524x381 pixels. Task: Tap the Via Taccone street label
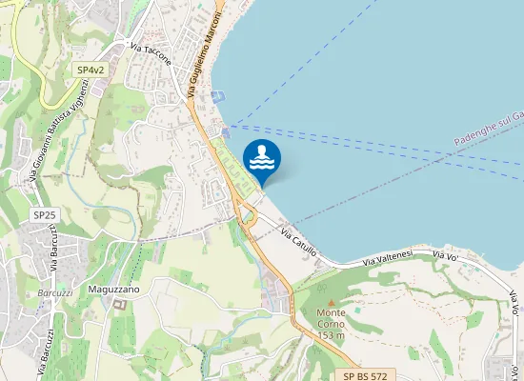tap(151, 55)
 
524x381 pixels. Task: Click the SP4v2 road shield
tap(90, 70)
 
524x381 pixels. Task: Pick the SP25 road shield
tap(42, 216)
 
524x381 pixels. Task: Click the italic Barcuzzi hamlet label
tap(55, 292)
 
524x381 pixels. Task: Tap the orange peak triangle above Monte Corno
tap(332, 303)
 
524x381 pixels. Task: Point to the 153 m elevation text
tap(331, 334)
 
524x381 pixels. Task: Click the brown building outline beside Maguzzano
tap(119, 305)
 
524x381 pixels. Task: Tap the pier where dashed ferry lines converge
tap(225, 131)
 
